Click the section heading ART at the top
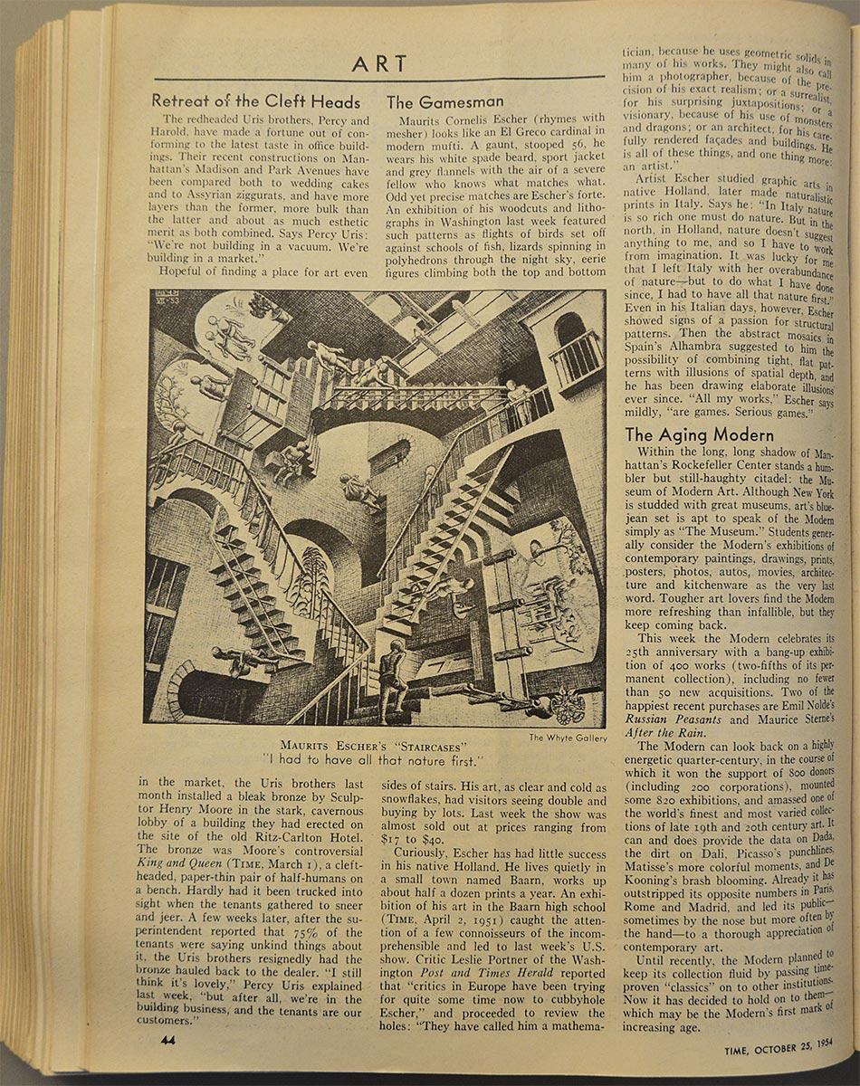(379, 64)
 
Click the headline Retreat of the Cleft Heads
(256, 101)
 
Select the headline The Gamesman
(444, 102)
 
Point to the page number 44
(167, 1040)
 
